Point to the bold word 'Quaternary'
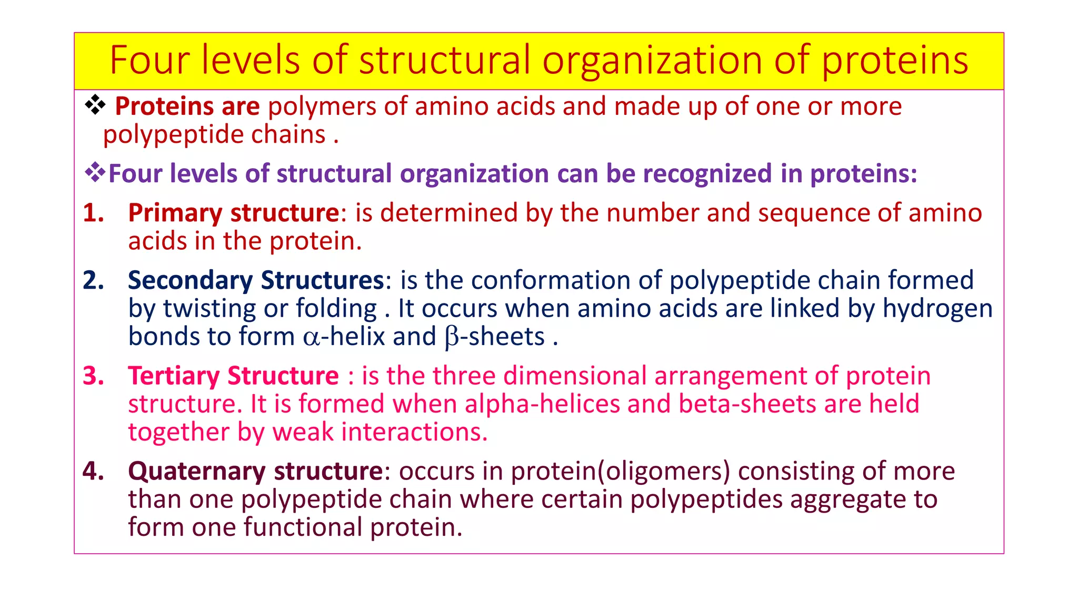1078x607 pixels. coord(196,472)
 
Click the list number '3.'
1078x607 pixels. coord(94,376)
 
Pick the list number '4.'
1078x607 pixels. coord(94,471)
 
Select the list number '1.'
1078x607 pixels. coord(94,213)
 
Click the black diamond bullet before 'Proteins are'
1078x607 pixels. coord(95,105)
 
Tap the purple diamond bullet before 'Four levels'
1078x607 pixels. coord(95,173)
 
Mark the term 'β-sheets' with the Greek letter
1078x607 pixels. coord(494,337)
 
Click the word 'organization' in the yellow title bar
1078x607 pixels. coord(653,60)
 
